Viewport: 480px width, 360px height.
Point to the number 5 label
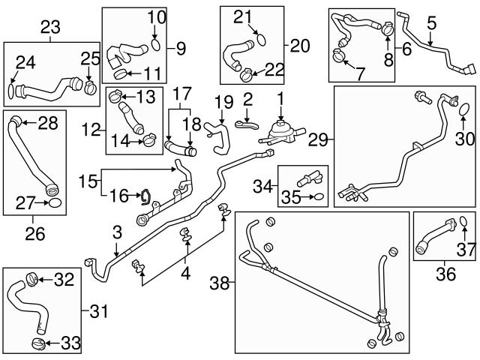pyautogui.click(x=430, y=24)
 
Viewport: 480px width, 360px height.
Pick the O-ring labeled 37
pyautogui.click(x=463, y=222)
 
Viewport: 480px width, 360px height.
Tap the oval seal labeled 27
pyautogui.click(x=53, y=203)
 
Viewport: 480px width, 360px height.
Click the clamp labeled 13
pyautogui.click(x=115, y=96)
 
